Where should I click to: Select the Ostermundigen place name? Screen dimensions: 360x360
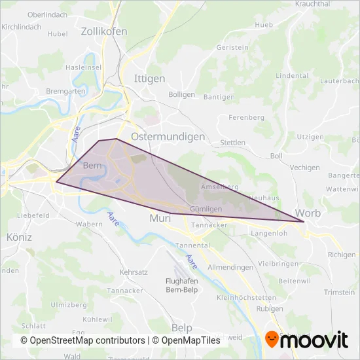tap(168, 137)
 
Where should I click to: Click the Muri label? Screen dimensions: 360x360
tap(160, 218)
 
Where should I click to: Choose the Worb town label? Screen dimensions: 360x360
tap(308, 213)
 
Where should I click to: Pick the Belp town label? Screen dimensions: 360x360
tap(183, 327)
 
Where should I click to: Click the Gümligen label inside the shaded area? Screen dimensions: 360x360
tap(201, 208)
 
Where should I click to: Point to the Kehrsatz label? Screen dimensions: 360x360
tap(133, 271)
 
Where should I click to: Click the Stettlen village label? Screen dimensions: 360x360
tap(233, 142)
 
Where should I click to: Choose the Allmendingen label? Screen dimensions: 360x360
tap(230, 268)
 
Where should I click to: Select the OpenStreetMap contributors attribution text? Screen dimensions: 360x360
tap(82, 340)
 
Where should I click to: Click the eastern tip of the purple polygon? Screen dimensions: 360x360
tap(304, 223)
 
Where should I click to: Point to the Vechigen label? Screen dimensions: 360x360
tap(304, 168)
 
